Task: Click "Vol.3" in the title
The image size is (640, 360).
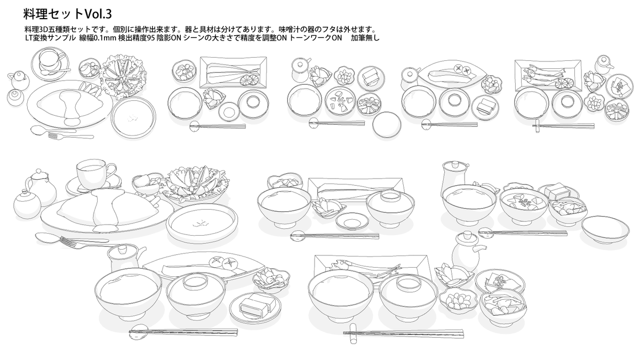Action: pos(98,13)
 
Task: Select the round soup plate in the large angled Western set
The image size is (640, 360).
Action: pos(202,221)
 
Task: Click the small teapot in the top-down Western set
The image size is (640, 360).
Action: pos(18,79)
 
